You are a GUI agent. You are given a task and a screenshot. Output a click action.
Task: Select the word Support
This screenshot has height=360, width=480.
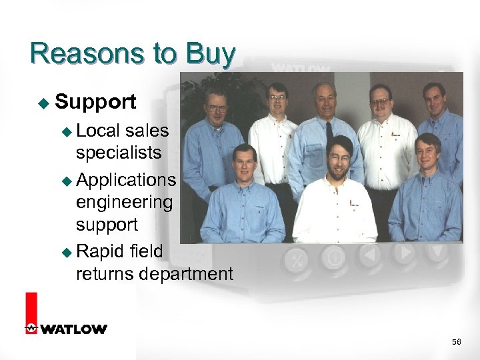tap(96, 102)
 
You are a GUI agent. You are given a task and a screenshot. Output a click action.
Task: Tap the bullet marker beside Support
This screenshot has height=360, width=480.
tap(43, 103)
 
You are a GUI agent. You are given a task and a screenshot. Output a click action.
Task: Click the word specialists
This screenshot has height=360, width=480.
tap(119, 153)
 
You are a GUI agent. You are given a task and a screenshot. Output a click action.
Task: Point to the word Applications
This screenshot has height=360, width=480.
tap(127, 180)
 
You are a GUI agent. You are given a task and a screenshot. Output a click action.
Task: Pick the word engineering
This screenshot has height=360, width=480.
tap(124, 201)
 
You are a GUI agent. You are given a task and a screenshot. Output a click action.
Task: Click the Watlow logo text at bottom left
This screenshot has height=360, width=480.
tap(73, 329)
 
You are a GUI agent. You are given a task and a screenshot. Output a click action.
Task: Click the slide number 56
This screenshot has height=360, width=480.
tap(456, 342)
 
